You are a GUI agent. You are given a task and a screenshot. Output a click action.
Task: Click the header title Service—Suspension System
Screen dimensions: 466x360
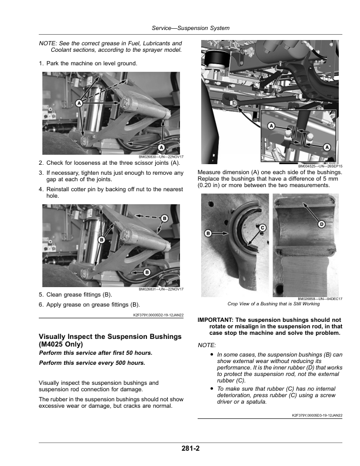[x=191, y=28]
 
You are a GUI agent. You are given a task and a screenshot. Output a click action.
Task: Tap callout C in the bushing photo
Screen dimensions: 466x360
[x=262, y=227]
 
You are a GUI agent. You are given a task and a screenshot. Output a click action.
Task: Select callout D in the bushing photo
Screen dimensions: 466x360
[x=322, y=224]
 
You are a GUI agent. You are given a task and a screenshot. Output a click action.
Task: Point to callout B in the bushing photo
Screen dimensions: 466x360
[x=208, y=234]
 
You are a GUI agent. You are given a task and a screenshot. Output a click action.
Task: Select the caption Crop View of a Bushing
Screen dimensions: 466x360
[x=273, y=304]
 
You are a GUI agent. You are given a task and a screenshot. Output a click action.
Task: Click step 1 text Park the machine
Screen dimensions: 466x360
[x=92, y=63]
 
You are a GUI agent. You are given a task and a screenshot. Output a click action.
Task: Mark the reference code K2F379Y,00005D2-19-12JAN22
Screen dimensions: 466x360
[x=155, y=315]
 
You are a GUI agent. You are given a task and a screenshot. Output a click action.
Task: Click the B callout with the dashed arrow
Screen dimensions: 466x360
[x=164, y=218]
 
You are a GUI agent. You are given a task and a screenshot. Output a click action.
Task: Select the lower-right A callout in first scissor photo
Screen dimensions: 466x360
[x=161, y=147]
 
